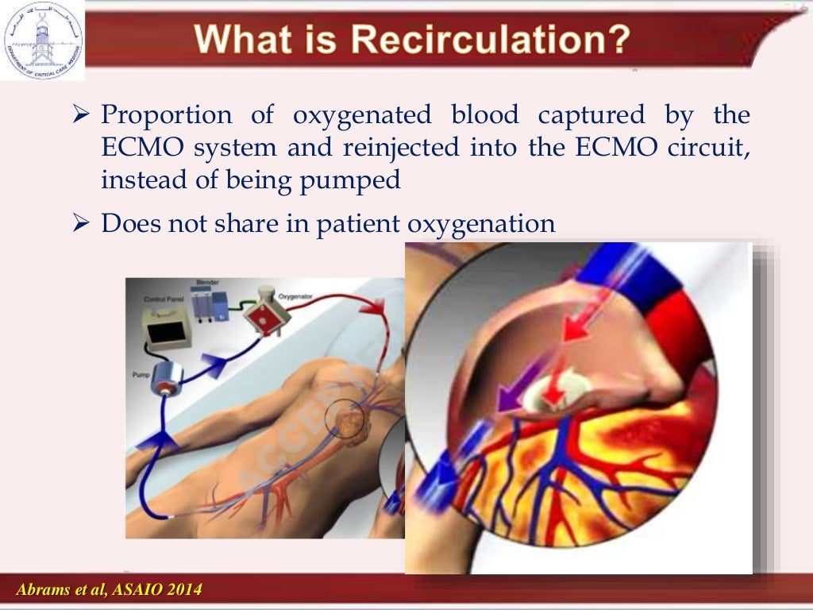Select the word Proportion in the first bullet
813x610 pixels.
click(x=167, y=116)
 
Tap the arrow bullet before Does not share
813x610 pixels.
click(x=79, y=224)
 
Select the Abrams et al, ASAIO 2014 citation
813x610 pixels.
click(x=109, y=589)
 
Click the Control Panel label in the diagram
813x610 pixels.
click(x=162, y=299)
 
